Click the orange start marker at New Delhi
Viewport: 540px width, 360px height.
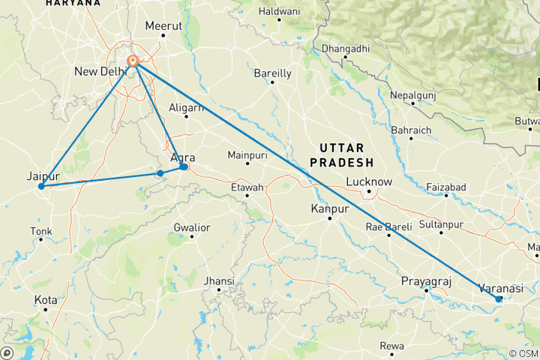pyautogui.click(x=133, y=61)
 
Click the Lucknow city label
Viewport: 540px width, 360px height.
pyautogui.click(x=369, y=181)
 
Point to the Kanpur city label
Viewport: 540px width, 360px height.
pyautogui.click(x=331, y=208)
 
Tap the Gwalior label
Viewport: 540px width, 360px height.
pyautogui.click(x=191, y=227)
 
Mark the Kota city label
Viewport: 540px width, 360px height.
pyautogui.click(x=45, y=300)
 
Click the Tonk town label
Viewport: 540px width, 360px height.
pyautogui.click(x=40, y=231)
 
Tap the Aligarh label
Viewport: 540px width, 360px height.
pyautogui.click(x=187, y=107)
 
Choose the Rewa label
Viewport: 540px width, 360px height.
pyautogui.click(x=391, y=346)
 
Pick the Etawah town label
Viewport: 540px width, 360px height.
pyautogui.click(x=247, y=187)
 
